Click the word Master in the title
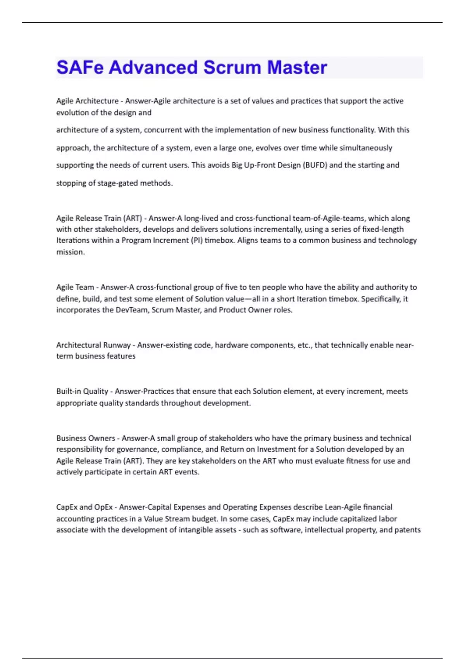pos(297,67)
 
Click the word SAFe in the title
pos(80,67)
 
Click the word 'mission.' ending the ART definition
pos(71,252)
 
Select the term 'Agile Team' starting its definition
pos(75,287)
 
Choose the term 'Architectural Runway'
pos(93,345)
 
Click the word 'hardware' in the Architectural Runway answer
pos(231,345)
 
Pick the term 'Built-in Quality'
pos(82,392)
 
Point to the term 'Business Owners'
pos(86,438)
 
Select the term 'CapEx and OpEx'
pos(84,507)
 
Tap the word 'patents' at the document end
pos(408,530)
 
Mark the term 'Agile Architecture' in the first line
pos(87,101)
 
